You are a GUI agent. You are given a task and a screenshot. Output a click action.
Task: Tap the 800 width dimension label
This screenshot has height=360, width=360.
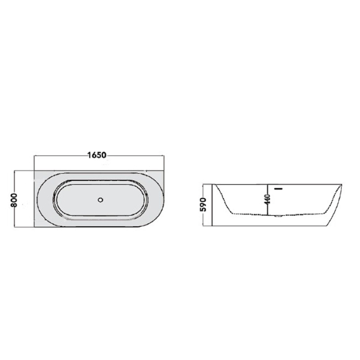click(x=14, y=199)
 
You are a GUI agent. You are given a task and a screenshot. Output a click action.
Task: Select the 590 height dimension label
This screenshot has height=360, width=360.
click(x=204, y=204)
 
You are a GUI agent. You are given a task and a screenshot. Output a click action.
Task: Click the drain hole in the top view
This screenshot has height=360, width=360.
click(x=101, y=199)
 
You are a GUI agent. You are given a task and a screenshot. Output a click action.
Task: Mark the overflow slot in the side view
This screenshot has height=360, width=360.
click(x=279, y=188)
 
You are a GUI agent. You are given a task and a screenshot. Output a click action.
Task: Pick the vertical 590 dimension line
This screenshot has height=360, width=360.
click(x=212, y=204)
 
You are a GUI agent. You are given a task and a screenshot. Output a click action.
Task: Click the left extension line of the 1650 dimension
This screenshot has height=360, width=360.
click(x=33, y=162)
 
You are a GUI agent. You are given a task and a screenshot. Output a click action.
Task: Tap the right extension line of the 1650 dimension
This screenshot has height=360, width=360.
click(x=164, y=162)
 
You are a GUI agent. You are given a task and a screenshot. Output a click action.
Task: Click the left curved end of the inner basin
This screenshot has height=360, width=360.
click(x=57, y=199)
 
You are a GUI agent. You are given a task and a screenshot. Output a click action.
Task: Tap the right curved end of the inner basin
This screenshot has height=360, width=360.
click(x=147, y=199)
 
